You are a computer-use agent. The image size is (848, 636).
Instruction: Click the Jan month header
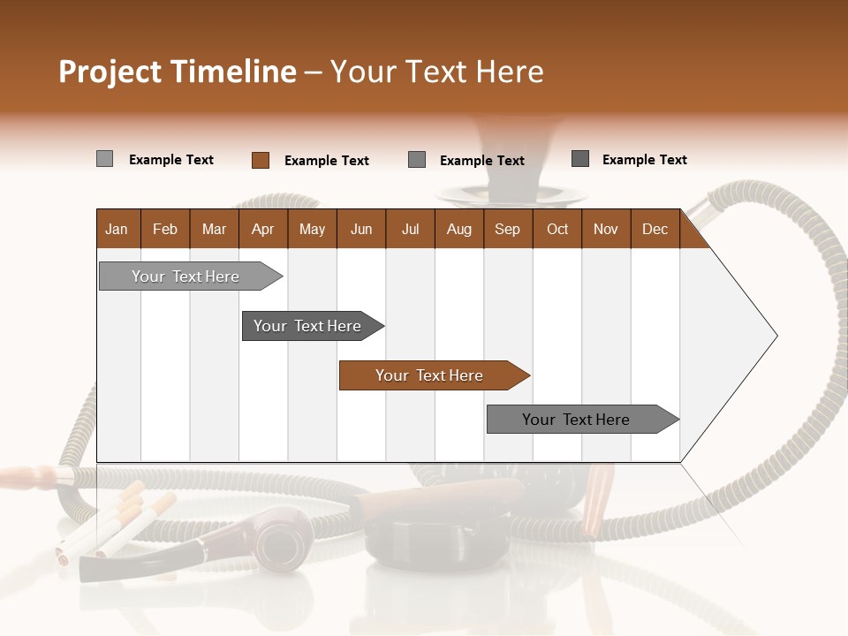[x=117, y=229]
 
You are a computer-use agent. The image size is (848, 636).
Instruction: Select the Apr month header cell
[x=262, y=229]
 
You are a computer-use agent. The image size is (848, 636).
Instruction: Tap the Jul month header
[x=410, y=229]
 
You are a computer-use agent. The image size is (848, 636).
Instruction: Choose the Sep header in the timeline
[x=507, y=229]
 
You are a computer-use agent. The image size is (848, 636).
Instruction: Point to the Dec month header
[x=655, y=229]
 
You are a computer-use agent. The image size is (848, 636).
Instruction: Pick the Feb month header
[x=165, y=229]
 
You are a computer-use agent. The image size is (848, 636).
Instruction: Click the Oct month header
[x=557, y=229]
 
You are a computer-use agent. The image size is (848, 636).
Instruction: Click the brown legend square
[x=260, y=160]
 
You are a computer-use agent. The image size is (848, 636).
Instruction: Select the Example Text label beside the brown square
[x=326, y=161]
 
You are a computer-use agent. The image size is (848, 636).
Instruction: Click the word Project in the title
[x=110, y=72]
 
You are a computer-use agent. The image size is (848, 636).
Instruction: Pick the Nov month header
[x=606, y=229]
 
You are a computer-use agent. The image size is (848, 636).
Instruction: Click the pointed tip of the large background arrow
[x=775, y=335]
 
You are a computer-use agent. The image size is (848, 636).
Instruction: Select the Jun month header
[x=361, y=229]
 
